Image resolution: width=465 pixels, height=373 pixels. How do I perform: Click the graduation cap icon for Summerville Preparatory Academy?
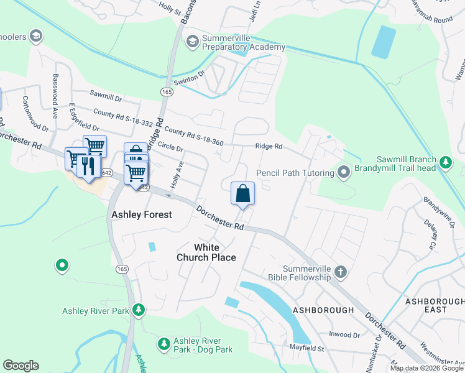pyautogui.click(x=192, y=41)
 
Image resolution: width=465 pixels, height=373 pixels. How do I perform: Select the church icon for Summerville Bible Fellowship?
pyautogui.click(x=340, y=272)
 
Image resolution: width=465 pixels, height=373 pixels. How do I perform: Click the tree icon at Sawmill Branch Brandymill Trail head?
pyautogui.click(x=445, y=163)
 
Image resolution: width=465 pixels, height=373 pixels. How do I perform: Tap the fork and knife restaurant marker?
pyautogui.click(x=88, y=166)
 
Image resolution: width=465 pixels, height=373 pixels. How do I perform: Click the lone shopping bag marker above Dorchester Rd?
pyautogui.click(x=242, y=193)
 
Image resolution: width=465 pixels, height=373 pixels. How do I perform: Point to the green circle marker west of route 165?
pyautogui.click(x=62, y=266)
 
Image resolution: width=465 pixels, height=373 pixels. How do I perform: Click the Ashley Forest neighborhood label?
pyautogui.click(x=141, y=215)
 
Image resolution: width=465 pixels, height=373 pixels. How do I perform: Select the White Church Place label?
pyautogui.click(x=206, y=252)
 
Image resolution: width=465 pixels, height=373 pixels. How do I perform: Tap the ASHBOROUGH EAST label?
pyautogui.click(x=435, y=305)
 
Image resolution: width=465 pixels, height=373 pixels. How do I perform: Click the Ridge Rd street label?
pyautogui.click(x=269, y=147)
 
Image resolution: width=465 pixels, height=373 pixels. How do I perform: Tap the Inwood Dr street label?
pyautogui.click(x=345, y=335)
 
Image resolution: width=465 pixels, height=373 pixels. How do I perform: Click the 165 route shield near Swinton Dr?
pyautogui.click(x=166, y=91)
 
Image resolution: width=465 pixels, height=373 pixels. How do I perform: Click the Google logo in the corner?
pyautogui.click(x=21, y=366)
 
